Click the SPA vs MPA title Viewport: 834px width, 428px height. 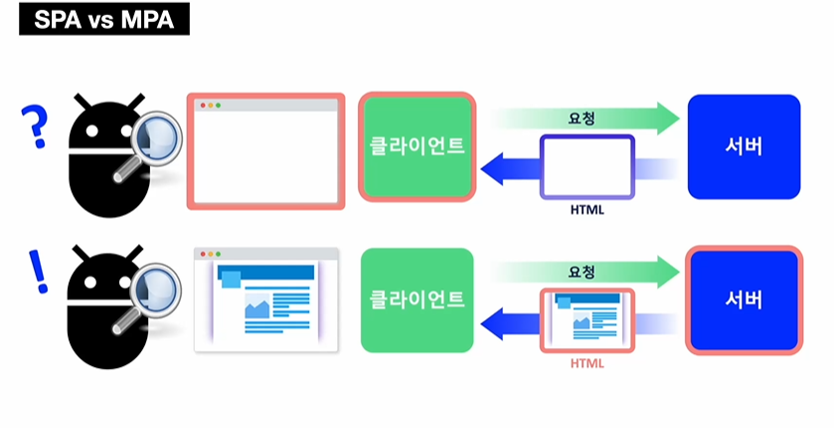click(103, 21)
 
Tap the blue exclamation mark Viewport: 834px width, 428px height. click(39, 272)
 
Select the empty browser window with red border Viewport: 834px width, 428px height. click(266, 151)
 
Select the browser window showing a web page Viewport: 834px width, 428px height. click(266, 300)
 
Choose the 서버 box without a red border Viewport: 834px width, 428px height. click(744, 146)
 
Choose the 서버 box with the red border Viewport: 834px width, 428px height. click(744, 300)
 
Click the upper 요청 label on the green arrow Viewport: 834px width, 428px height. click(582, 117)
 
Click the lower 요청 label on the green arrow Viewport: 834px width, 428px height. click(582, 271)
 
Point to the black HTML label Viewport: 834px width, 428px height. click(587, 211)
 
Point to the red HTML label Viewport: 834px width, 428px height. click(587, 363)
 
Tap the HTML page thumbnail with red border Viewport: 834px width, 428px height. click(587, 320)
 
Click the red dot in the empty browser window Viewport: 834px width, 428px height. click(203, 105)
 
